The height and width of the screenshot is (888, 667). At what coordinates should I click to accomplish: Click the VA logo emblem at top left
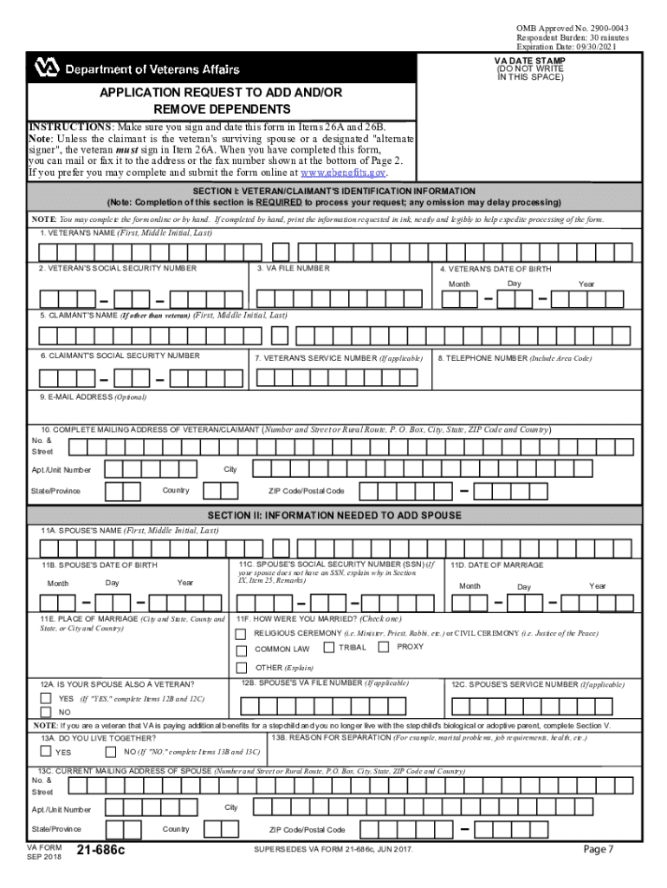pos(46,68)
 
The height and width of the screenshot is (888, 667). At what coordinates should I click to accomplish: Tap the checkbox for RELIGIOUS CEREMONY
pos(243,633)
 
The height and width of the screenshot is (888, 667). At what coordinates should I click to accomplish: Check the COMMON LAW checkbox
pos(243,650)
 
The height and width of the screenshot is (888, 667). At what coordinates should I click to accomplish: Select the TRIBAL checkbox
pos(329,648)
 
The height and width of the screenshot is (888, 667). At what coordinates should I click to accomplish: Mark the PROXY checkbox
pos(387,648)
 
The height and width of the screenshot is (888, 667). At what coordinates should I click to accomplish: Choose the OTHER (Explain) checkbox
pos(243,667)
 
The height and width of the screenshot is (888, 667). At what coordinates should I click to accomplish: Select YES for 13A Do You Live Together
pos(44,751)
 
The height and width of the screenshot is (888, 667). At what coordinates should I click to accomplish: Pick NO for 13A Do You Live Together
pos(113,751)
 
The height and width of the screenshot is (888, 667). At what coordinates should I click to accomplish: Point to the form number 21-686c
pos(101,851)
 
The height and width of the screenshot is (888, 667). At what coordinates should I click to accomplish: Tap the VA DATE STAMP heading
pos(529,62)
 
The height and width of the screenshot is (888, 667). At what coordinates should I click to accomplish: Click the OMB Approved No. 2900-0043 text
pos(573,29)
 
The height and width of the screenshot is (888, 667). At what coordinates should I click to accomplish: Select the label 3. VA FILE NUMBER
pos(293,268)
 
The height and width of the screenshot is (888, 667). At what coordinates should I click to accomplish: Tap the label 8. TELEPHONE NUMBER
pos(515,357)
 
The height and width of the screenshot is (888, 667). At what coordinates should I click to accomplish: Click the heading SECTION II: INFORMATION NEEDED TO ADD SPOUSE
pos(334,515)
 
